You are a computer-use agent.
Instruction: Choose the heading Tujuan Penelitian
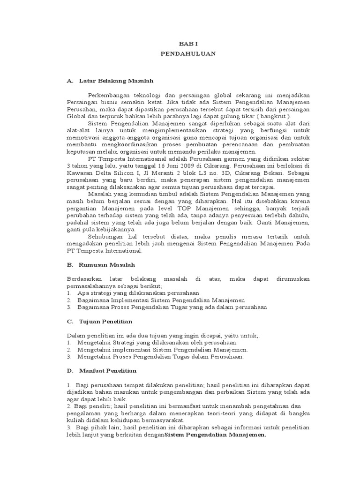coord(106,322)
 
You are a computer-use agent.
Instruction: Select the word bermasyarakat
coord(163,420)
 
